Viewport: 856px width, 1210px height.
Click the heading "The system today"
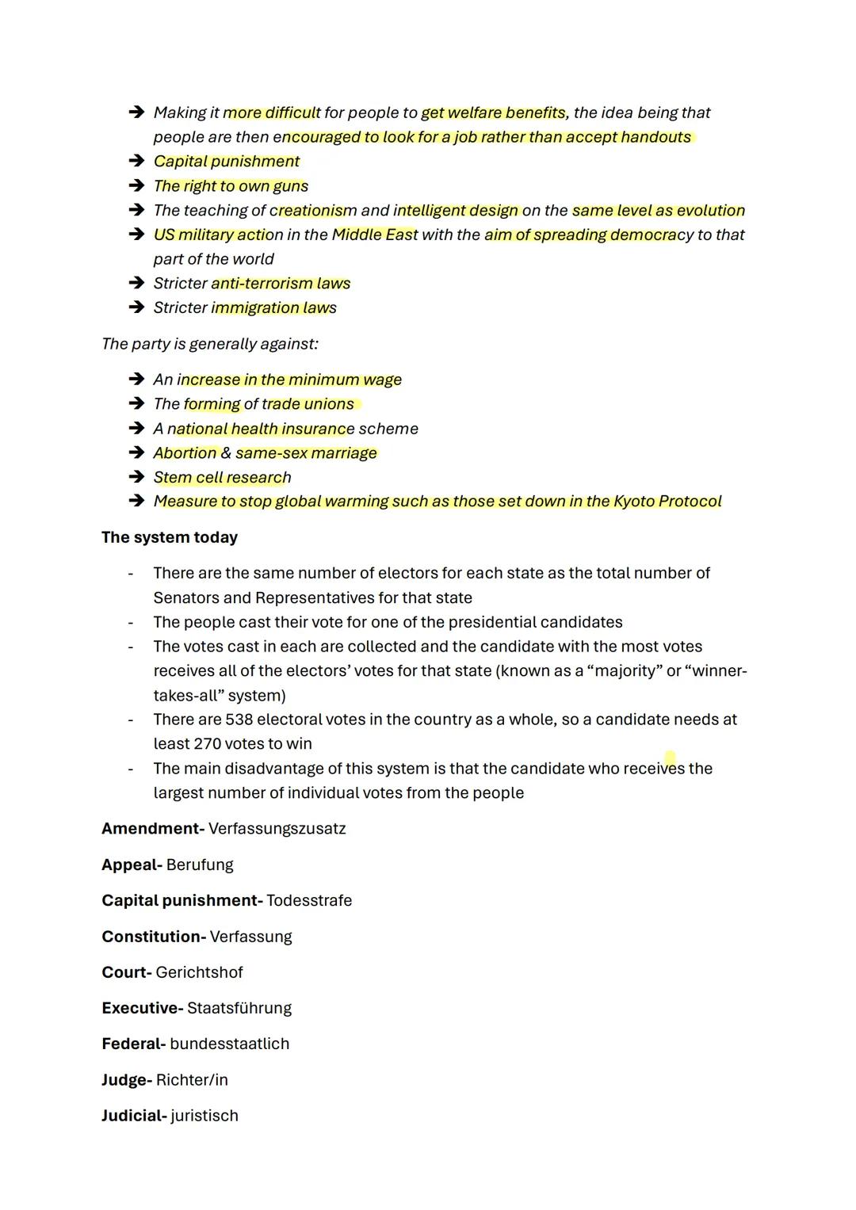click(x=170, y=537)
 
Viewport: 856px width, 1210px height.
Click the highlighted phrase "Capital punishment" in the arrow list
click(x=227, y=162)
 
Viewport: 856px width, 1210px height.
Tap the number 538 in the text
click(x=239, y=720)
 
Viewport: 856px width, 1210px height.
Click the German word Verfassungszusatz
click(x=277, y=829)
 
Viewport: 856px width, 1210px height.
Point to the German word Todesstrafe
click(x=309, y=901)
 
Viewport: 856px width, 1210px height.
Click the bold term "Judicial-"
click(x=134, y=1116)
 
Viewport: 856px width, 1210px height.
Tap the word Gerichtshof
click(x=199, y=972)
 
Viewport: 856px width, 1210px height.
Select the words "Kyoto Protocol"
click(x=667, y=502)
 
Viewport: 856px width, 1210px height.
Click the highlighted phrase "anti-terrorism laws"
click(x=281, y=284)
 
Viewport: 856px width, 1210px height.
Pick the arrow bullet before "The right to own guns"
click(x=136, y=186)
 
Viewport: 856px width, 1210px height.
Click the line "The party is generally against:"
click(x=210, y=344)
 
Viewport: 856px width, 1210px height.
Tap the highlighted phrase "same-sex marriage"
click(x=306, y=453)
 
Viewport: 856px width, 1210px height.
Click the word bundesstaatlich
click(x=229, y=1044)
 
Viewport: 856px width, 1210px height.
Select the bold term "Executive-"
click(x=142, y=1008)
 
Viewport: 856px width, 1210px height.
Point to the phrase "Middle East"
click(x=374, y=235)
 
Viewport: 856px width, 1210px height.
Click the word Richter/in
click(x=192, y=1080)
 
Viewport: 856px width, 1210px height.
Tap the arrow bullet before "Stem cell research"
click(x=136, y=477)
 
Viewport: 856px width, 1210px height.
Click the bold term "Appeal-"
click(x=132, y=865)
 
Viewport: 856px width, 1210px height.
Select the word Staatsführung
click(x=239, y=1008)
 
